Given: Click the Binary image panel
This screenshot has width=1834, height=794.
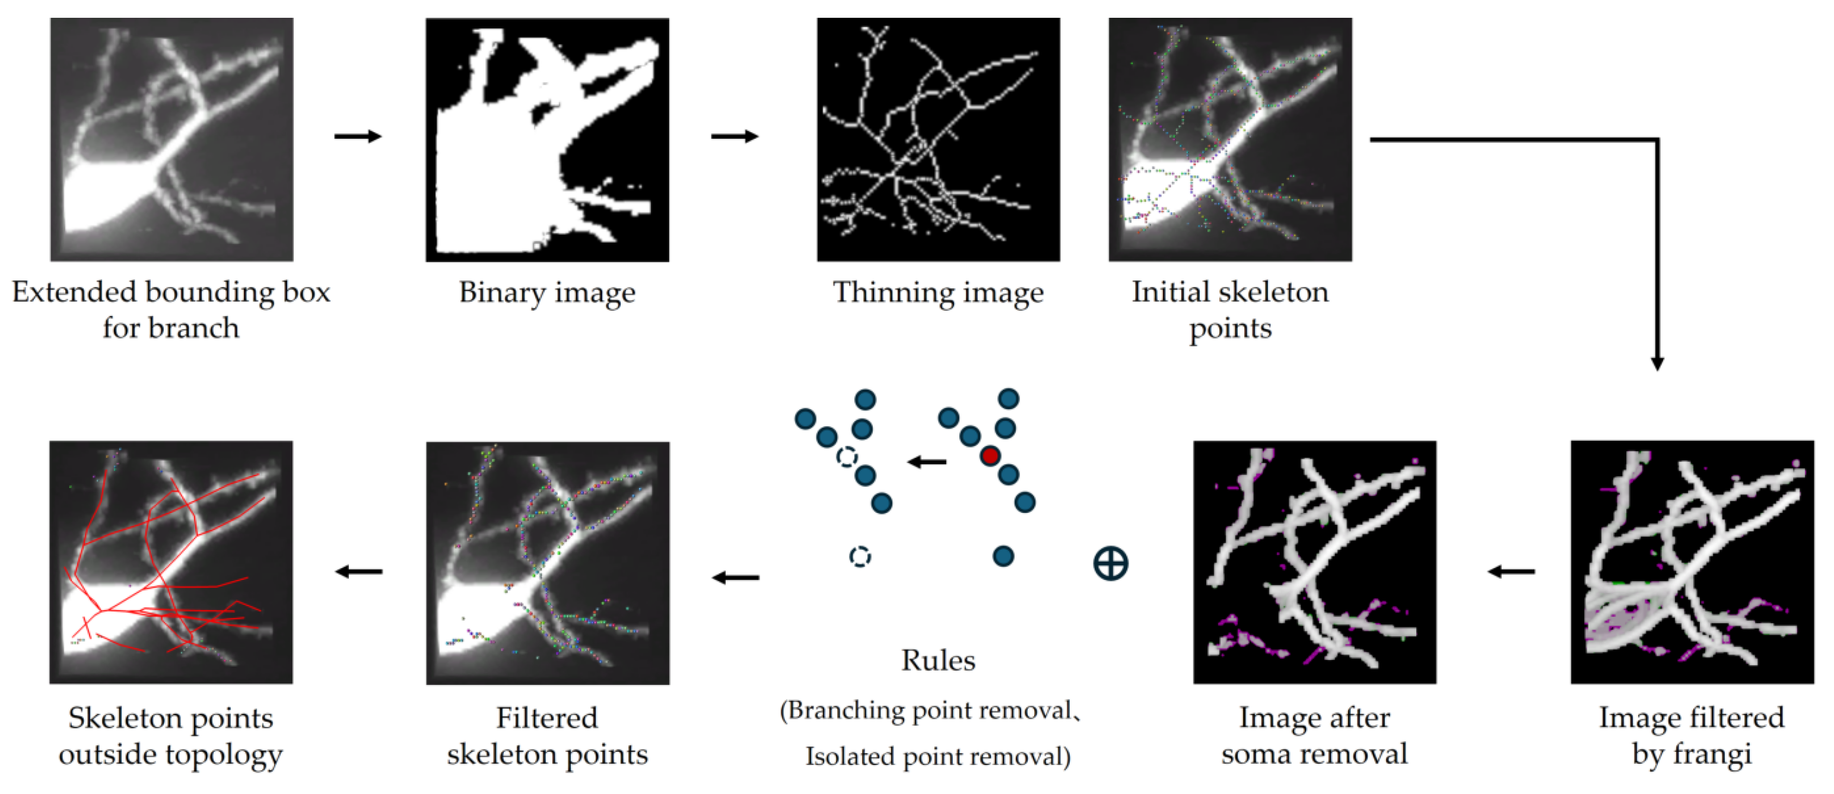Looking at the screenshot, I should point(547,139).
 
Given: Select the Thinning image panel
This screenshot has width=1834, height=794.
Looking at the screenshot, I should point(937,139).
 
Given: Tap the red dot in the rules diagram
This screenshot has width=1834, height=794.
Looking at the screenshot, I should point(990,455).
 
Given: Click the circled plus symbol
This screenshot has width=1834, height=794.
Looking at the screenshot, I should point(1110,563).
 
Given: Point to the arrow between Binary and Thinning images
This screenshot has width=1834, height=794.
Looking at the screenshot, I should point(734,136).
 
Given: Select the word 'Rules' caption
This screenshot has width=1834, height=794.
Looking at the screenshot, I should point(937,660).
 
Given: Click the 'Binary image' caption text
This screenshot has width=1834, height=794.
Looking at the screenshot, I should point(547,292).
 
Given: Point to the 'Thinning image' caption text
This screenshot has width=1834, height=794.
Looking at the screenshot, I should point(937,292).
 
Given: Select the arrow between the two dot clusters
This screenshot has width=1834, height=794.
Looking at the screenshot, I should point(927,463).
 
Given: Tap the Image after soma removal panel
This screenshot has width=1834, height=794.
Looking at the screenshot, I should point(1314,562).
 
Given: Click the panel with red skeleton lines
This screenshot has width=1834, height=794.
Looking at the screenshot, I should point(171,562).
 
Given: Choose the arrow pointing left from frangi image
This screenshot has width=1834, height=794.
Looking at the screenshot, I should point(1511,570).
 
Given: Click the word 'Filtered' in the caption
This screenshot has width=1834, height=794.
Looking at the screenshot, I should point(547,718).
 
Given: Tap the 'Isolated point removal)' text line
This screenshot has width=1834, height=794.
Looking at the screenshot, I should point(937,756).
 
